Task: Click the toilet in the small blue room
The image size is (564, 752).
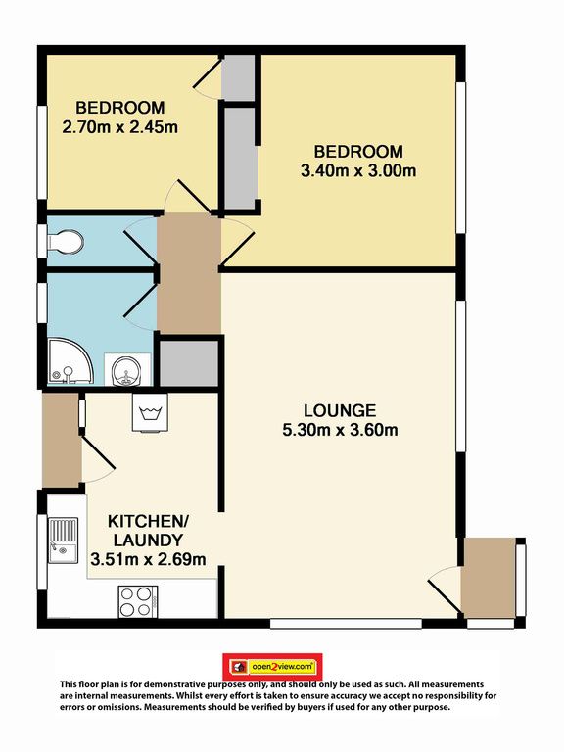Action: [x=66, y=242]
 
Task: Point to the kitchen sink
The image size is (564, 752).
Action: [x=63, y=540]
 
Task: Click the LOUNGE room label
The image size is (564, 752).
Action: [x=340, y=410]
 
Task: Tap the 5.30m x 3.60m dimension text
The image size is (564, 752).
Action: [x=340, y=430]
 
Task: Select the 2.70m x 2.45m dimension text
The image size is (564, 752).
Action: [x=119, y=127]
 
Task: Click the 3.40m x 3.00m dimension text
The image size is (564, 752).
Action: [x=358, y=170]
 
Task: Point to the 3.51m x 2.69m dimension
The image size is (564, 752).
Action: [x=148, y=559]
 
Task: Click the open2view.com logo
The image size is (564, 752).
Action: [x=272, y=667]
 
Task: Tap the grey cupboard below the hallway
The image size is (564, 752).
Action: [x=189, y=363]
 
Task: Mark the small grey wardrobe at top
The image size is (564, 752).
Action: [x=237, y=77]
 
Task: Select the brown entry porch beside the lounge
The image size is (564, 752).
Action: [x=489, y=578]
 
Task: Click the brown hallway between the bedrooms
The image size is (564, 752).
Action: [x=189, y=273]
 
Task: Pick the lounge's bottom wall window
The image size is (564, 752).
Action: [x=346, y=624]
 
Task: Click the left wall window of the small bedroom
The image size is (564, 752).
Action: [x=42, y=152]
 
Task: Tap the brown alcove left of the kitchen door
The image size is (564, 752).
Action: [x=61, y=441]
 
